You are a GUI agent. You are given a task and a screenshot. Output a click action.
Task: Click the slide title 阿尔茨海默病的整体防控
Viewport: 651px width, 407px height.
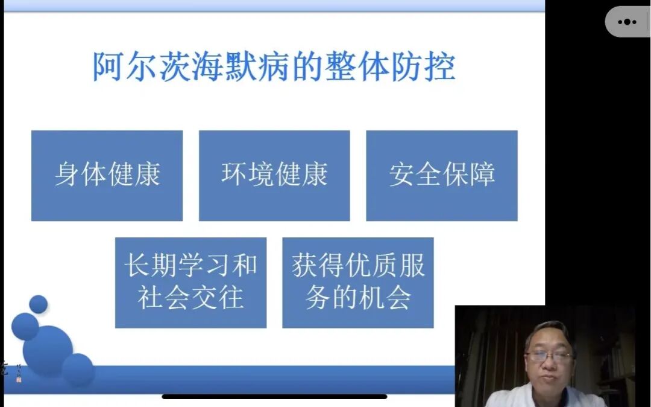pyautogui.click(x=273, y=66)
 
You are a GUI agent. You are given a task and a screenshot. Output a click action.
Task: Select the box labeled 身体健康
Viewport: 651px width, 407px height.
pyautogui.click(x=107, y=176)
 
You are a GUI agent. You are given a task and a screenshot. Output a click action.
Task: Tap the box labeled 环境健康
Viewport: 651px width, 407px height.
pyautogui.click(x=274, y=176)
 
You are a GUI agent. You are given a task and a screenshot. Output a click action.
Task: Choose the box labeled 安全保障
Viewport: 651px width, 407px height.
pyautogui.click(x=442, y=176)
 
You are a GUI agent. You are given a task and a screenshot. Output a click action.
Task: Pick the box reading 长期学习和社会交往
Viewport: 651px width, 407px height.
pyautogui.click(x=190, y=283)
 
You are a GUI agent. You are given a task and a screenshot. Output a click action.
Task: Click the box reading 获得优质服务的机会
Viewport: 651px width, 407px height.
pyautogui.click(x=358, y=283)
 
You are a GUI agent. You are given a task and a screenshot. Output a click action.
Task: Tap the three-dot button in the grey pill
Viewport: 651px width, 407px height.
pyautogui.click(x=627, y=22)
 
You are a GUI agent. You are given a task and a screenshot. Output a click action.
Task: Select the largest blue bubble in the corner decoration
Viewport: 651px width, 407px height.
pyautogui.click(x=48, y=351)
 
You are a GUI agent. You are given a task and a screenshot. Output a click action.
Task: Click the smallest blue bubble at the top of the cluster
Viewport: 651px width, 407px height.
pyautogui.click(x=39, y=304)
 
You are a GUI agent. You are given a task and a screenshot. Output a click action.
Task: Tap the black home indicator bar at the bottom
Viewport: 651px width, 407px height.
pyautogui.click(x=274, y=397)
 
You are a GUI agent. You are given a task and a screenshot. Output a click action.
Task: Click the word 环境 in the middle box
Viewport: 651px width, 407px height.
pyautogui.click(x=248, y=176)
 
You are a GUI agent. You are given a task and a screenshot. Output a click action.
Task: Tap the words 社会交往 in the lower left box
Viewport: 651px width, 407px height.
pyautogui.click(x=190, y=298)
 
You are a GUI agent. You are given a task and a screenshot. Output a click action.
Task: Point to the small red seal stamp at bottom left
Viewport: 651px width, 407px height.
pyautogui.click(x=18, y=379)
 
